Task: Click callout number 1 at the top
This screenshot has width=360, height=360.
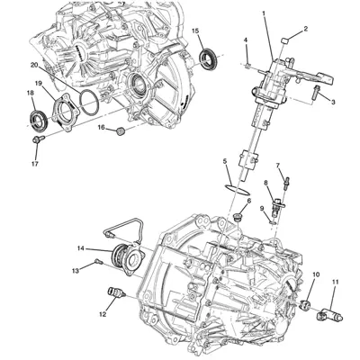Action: [x=263, y=13]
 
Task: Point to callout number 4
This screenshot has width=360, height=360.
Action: [x=245, y=41]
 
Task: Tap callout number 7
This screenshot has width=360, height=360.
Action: [x=278, y=166]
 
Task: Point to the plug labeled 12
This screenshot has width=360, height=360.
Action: [x=115, y=292]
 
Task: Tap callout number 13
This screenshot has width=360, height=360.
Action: [x=76, y=269]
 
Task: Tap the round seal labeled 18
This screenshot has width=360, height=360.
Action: [x=40, y=119]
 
